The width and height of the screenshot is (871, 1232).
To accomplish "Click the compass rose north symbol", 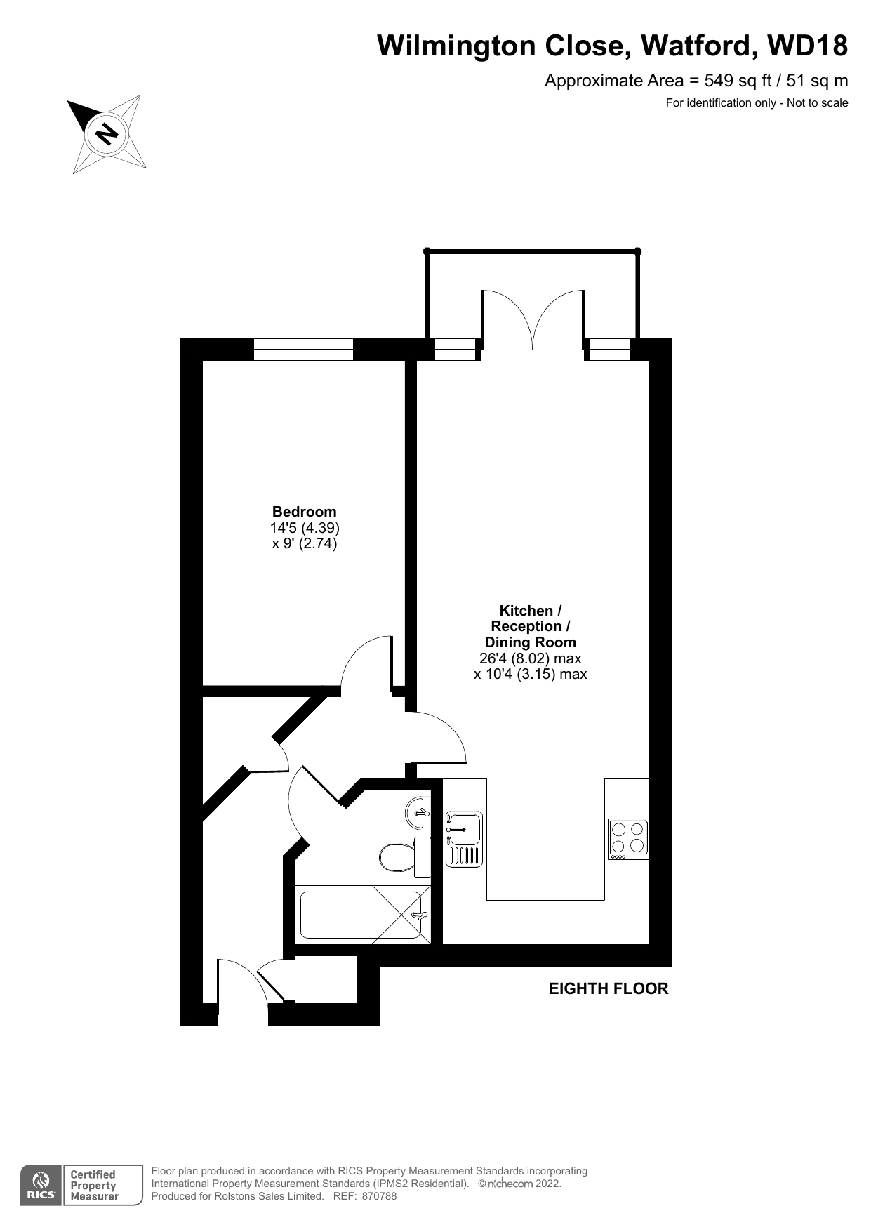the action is pyautogui.click(x=107, y=133).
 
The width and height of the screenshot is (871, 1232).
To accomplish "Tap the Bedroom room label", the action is pyautogui.click(x=304, y=512).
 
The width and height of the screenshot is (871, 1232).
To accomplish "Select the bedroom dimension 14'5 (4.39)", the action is pyautogui.click(x=305, y=528).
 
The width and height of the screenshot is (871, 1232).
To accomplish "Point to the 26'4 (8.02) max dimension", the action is pyautogui.click(x=530, y=658).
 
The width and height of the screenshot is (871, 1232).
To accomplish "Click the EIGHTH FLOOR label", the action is pyautogui.click(x=609, y=988).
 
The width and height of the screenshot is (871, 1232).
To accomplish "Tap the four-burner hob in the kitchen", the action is pyautogui.click(x=627, y=839).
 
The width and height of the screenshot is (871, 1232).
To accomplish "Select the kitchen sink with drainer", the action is pyautogui.click(x=464, y=839).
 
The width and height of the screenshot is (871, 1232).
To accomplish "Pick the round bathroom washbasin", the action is pyautogui.click(x=418, y=814).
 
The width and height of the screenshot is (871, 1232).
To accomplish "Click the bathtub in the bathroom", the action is pyautogui.click(x=361, y=915).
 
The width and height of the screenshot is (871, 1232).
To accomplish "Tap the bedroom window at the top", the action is pyautogui.click(x=302, y=349).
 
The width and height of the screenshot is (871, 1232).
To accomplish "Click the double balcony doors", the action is pyautogui.click(x=533, y=319).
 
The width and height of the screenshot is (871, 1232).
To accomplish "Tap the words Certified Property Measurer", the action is pyautogui.click(x=94, y=1186).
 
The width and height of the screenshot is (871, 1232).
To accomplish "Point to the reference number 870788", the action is pyautogui.click(x=379, y=1196).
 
